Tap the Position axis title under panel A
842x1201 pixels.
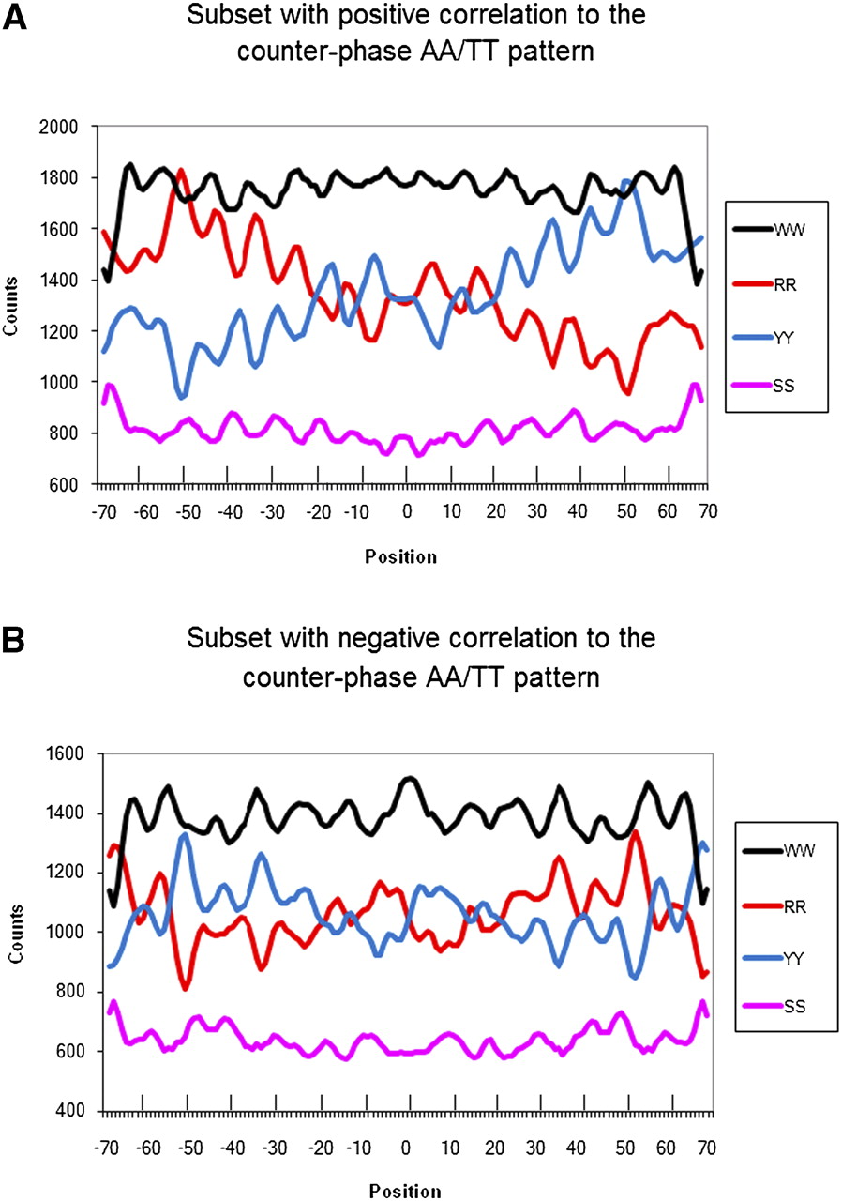pyautogui.click(x=400, y=556)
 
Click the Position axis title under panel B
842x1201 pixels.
pyautogui.click(x=400, y=1190)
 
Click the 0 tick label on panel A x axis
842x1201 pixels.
pyautogui.click(x=405, y=512)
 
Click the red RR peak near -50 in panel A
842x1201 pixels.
pyautogui.click(x=181, y=172)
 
